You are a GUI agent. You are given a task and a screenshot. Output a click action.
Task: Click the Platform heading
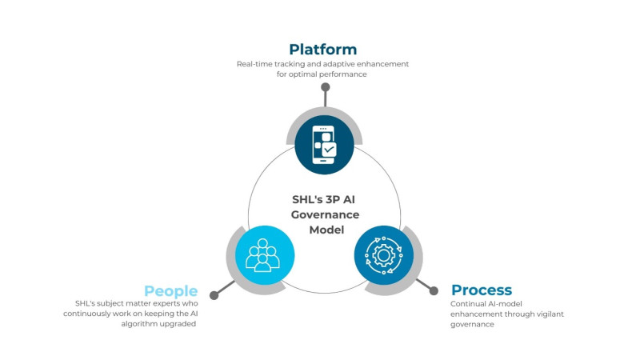(x=323, y=50)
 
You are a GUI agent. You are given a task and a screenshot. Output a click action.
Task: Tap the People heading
(x=170, y=291)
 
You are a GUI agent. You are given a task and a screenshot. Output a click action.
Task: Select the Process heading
(x=482, y=290)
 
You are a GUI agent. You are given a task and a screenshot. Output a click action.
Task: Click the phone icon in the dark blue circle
(x=324, y=145)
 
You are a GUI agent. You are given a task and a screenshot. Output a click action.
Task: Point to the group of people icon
(x=262, y=255)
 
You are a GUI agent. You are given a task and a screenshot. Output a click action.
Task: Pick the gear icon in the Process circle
(x=384, y=255)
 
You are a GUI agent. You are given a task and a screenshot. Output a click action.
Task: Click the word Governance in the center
(x=325, y=214)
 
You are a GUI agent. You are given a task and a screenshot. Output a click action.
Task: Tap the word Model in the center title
(x=326, y=230)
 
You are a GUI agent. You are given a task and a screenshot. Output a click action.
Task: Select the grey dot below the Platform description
(x=326, y=87)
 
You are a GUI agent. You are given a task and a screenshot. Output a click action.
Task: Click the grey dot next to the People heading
(x=214, y=295)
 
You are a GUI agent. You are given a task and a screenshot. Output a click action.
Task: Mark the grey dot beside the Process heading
(x=434, y=290)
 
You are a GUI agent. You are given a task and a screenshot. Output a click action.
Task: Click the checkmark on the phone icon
(x=329, y=150)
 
